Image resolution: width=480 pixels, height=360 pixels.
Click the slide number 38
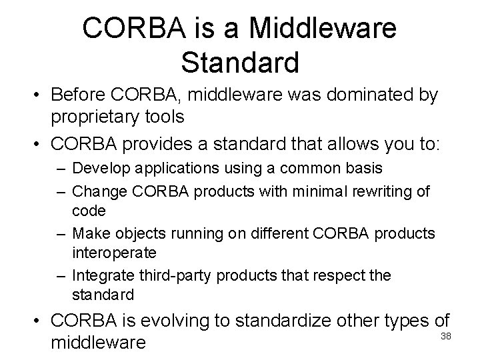coord(446,335)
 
